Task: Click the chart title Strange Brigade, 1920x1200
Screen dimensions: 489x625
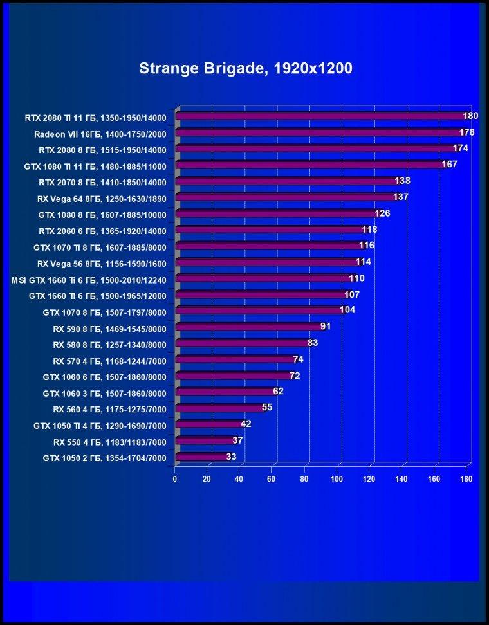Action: coord(246,69)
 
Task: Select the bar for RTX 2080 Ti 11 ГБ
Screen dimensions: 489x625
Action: coord(322,116)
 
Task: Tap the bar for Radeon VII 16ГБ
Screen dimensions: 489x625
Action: coord(320,132)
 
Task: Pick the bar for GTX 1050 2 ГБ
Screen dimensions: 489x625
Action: coord(202,457)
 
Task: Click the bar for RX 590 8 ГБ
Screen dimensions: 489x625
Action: coord(250,327)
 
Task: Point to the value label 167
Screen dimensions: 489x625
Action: coord(449,164)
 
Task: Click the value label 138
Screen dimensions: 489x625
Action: coord(402,181)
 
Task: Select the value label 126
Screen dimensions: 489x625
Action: coord(382,213)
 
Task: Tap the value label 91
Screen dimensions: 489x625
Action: coord(326,327)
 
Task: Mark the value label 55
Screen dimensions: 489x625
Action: coord(267,408)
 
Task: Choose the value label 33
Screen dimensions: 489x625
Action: coord(232,457)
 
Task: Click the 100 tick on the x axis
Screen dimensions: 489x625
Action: coord(337,479)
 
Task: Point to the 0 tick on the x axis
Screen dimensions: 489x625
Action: coord(175,479)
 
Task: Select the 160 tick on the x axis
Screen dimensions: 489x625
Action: coord(434,479)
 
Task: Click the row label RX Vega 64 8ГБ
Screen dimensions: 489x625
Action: coord(69,199)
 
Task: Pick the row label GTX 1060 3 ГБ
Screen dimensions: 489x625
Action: coord(72,394)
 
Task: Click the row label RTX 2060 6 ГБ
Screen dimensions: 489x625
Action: coord(69,231)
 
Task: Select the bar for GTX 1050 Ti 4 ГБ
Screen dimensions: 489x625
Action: coord(209,424)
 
